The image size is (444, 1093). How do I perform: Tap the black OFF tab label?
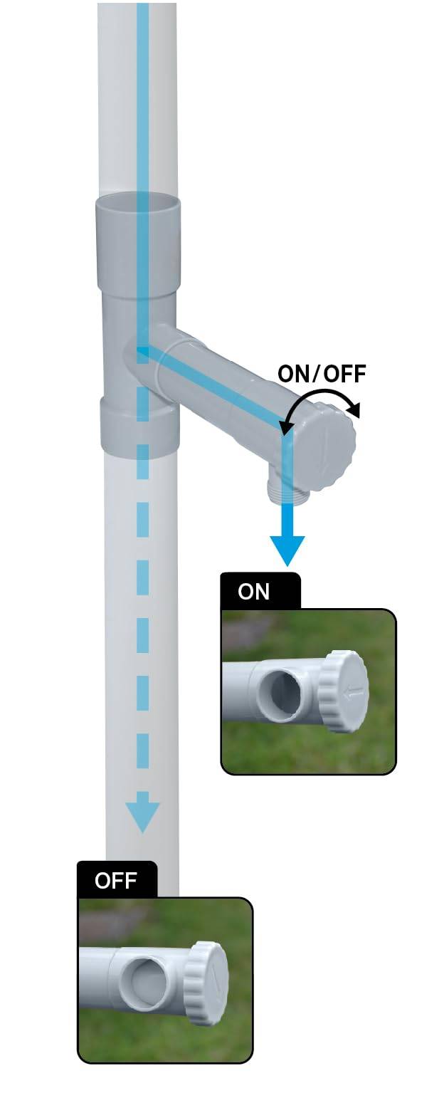click(117, 880)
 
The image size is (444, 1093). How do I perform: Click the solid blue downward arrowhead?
click(287, 550)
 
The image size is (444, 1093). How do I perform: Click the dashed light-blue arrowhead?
click(142, 816)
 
